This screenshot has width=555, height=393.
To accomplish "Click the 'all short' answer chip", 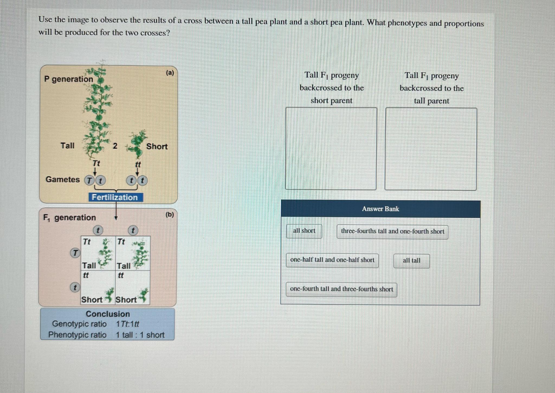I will tap(304, 231).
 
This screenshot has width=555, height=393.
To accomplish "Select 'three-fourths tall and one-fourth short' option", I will tap(392, 232).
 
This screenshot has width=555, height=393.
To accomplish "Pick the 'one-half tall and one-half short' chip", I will tap(332, 260).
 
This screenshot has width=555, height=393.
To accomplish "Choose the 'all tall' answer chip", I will tap(411, 261).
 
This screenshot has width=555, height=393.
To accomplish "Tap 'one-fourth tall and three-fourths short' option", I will tap(341, 289).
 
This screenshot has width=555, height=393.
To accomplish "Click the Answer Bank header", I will tap(380, 209).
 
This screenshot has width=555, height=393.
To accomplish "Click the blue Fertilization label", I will tap(115, 197).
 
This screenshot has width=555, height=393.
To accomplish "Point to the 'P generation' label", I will tap(69, 79).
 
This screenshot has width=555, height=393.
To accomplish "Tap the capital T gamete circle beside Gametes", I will tap(89, 180).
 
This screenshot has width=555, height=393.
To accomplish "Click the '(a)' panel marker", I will tap(170, 73).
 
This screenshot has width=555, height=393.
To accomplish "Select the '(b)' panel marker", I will tap(170, 214).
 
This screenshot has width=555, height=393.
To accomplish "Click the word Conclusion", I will tap(108, 314).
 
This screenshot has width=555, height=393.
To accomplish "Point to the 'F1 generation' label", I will tap(70, 217).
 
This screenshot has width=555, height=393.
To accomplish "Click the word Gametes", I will tap(63, 179).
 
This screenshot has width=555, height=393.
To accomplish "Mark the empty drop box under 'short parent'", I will tap(331, 148).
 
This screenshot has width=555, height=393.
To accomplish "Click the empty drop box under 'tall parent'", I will tap(431, 149).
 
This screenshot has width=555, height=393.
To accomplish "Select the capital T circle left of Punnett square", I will tap(75, 253).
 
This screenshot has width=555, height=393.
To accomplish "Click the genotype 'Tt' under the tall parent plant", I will tap(96, 163).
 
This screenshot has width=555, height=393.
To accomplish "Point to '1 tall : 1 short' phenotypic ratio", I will tap(140, 335).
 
